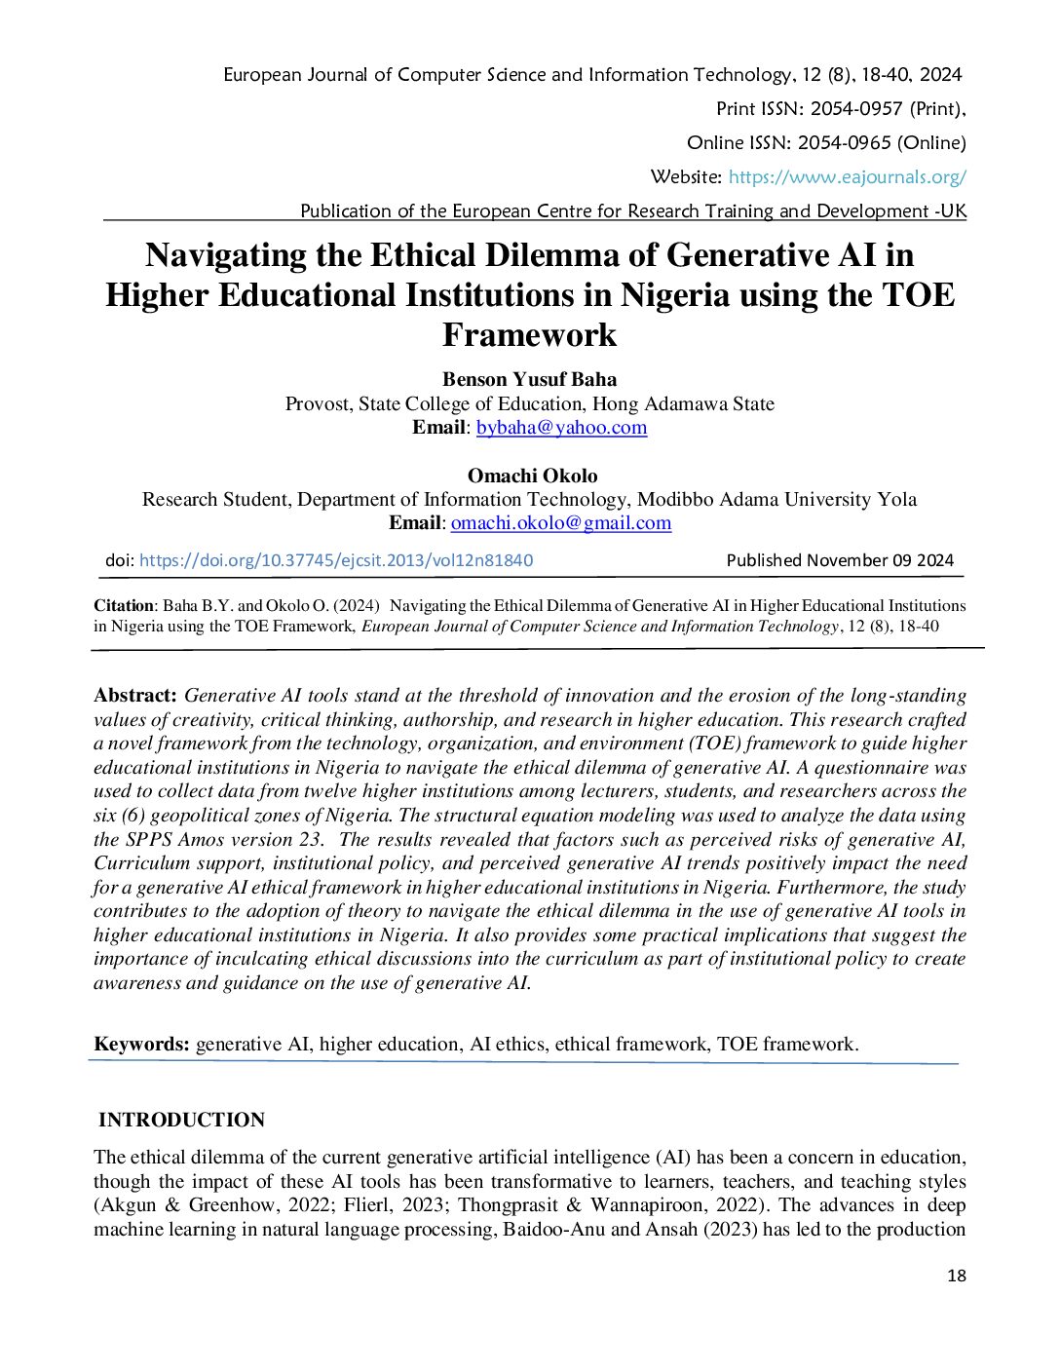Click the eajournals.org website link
tap(847, 177)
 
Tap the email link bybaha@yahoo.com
tap(561, 428)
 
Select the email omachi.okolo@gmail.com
tap(560, 523)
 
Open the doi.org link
tap(336, 560)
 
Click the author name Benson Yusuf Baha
tap(529, 380)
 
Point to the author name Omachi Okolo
tap(532, 476)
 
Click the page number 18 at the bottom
tap(956, 1277)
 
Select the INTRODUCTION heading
tap(182, 1121)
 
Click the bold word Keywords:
tap(141, 1045)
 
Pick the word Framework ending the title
tap(529, 335)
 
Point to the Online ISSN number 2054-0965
tap(844, 143)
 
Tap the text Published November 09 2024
tap(840, 560)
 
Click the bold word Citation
tap(124, 606)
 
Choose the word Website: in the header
tap(686, 177)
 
